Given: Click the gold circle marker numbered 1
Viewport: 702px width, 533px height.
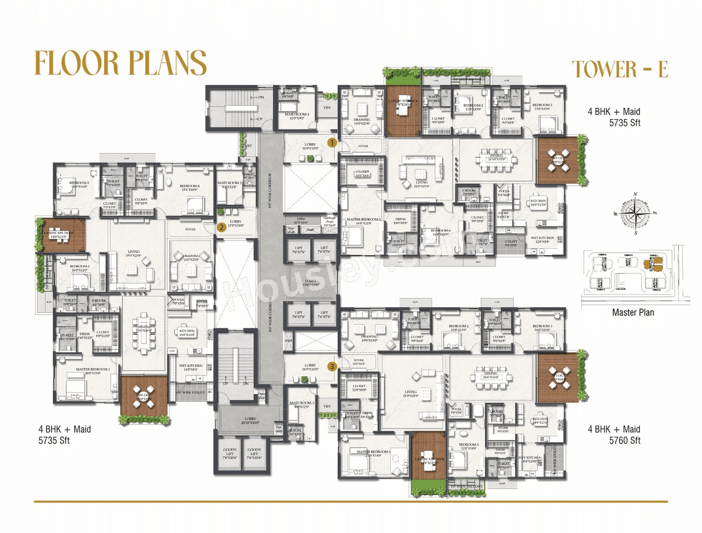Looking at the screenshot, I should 332,143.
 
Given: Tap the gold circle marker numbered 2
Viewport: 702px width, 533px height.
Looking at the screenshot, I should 221,227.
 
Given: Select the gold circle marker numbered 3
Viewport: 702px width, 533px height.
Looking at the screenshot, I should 332,366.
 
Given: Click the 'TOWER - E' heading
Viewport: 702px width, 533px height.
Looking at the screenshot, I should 620,70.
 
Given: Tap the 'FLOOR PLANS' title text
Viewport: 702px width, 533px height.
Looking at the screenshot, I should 121,63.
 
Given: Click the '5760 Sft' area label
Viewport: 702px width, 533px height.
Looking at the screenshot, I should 625,440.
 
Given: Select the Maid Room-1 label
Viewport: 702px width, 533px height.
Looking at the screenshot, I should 297,116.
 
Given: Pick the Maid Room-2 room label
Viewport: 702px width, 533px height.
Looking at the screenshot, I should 229,185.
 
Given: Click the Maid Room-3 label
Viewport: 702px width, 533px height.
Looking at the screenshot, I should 302,404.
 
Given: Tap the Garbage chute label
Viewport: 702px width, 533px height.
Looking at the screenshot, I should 329,221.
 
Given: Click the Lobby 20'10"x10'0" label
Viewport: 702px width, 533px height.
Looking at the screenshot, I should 250,420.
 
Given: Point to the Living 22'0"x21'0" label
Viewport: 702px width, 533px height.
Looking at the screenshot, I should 421,184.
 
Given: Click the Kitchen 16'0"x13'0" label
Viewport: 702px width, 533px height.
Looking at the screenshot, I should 538,203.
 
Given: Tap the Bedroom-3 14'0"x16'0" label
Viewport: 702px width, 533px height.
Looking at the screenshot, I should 79,185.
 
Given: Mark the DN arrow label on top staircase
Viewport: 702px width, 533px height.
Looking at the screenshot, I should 260,98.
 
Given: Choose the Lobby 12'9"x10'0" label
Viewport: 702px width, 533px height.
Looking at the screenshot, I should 235,223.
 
